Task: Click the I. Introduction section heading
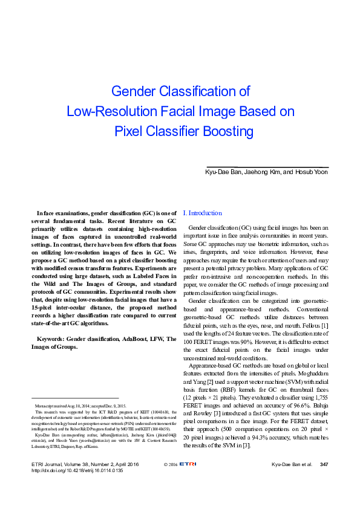(x=202, y=213)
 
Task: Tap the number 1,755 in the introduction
(x=319, y=399)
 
